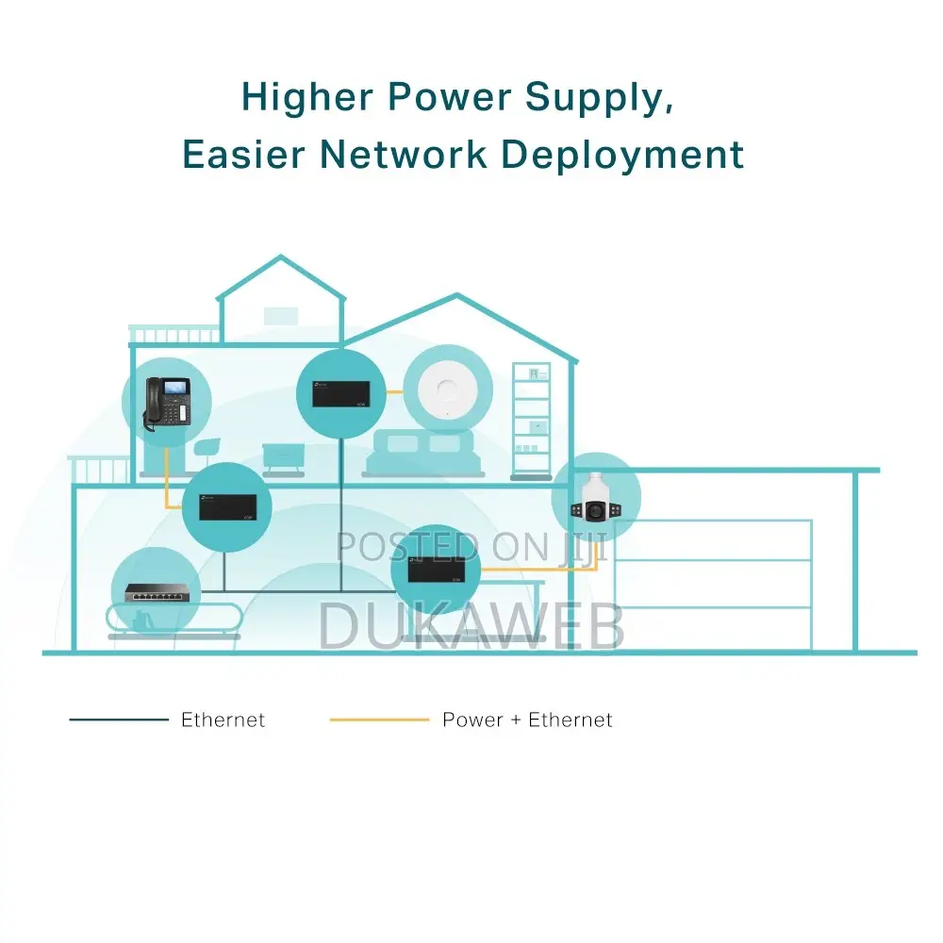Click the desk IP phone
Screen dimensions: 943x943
[167, 404]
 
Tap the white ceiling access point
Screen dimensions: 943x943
[448, 389]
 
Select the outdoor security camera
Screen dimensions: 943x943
[595, 498]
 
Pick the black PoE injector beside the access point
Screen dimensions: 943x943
[340, 394]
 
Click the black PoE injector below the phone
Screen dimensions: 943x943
[227, 507]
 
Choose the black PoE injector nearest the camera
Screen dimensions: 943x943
[436, 569]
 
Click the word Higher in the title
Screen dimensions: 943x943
[306, 97]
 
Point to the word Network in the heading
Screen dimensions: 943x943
[404, 155]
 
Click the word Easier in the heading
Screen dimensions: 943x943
[243, 155]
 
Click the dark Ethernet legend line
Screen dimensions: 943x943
[119, 720]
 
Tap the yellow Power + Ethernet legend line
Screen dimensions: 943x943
[379, 720]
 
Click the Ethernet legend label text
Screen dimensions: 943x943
[223, 720]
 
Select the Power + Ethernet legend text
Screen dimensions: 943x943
[527, 720]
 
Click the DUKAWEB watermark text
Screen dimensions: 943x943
[471, 626]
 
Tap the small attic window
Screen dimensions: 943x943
[281, 316]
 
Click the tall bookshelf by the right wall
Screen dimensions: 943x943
[531, 421]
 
